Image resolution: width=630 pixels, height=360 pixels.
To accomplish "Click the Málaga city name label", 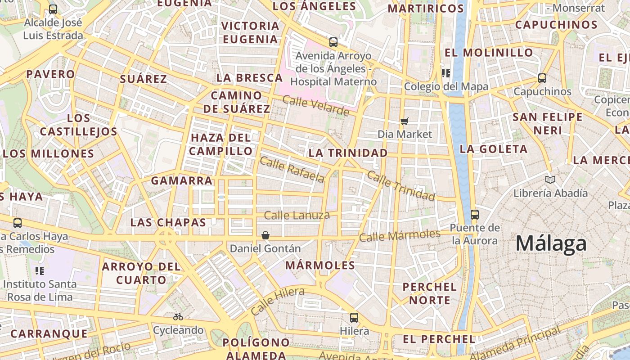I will [551, 243].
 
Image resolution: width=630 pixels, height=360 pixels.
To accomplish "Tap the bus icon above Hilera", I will [354, 318].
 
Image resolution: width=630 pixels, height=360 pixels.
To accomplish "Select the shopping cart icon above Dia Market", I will [405, 121].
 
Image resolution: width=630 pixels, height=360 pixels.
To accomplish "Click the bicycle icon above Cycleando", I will [178, 317].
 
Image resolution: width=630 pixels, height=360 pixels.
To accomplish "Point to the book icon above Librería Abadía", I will [550, 180].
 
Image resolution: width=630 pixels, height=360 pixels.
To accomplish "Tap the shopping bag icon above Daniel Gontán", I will [265, 235].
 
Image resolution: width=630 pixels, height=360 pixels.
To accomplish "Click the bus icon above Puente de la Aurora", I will [475, 214].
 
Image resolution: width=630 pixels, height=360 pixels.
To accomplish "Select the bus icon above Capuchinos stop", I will [542, 78].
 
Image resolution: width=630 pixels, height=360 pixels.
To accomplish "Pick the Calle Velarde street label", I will [316, 105].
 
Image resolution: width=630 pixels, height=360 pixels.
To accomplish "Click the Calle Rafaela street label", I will [292, 170].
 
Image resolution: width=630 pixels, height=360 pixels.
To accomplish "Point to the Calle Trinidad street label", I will [401, 185].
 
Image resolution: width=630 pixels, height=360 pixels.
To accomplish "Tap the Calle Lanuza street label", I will [297, 216].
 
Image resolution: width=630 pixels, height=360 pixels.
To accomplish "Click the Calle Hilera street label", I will [277, 301].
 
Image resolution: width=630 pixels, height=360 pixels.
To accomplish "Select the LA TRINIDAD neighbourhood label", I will [348, 153].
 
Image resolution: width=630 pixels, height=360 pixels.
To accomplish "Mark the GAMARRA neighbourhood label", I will [181, 181].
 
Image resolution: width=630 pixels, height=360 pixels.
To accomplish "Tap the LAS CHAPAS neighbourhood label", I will [168, 222].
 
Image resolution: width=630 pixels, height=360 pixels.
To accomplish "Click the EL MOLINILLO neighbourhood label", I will [489, 53].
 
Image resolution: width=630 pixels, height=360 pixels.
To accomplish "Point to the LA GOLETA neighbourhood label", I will [493, 149].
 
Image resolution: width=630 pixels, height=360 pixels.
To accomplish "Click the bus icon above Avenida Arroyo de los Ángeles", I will [333, 42].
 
